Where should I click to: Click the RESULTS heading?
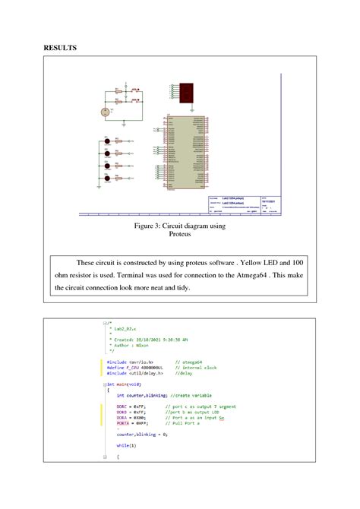point(59,47)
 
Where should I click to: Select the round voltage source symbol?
point(106,112)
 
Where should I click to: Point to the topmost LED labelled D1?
point(108,141)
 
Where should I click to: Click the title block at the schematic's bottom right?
point(242,205)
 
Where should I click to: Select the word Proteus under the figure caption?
point(180,235)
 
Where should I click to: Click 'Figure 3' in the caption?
point(150,226)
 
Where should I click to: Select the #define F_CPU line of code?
point(136,368)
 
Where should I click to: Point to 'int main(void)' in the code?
point(124,384)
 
